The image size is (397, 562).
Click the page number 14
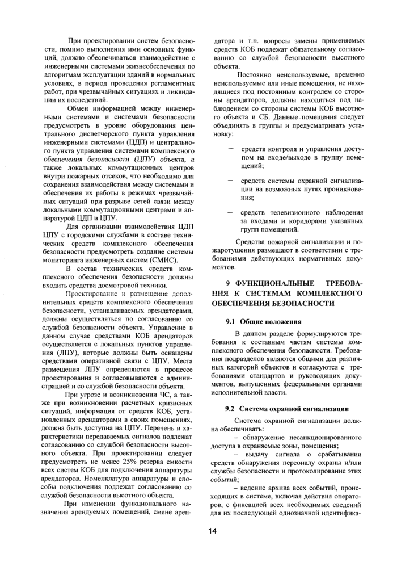pyautogui.click(x=212, y=531)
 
